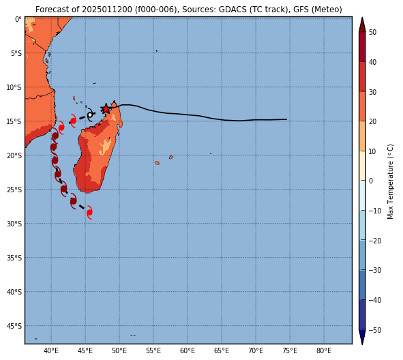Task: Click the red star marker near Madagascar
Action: pyautogui.click(x=106, y=108)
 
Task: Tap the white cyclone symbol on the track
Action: pyautogui.click(x=90, y=115)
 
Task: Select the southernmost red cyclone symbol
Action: pyautogui.click(x=89, y=212)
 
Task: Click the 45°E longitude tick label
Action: pyautogui.click(x=85, y=350)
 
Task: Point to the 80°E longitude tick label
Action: pyautogui.click(x=324, y=350)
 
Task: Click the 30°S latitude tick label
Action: pyautogui.click(x=14, y=224)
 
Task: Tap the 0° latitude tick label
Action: pyautogui.click(x=18, y=19)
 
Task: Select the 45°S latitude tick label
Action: pyautogui.click(x=14, y=326)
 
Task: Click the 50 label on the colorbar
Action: pyautogui.click(x=372, y=32)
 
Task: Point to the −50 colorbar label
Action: pyautogui.click(x=374, y=330)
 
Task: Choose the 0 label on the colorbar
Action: pyautogui.click(x=371, y=181)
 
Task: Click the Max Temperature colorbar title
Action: pyautogui.click(x=390, y=181)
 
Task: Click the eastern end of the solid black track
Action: pyautogui.click(x=286, y=119)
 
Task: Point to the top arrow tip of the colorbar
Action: pyautogui.click(x=362, y=18)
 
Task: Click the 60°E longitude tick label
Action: pyautogui.click(x=188, y=350)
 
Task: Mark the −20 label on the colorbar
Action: pyautogui.click(x=374, y=241)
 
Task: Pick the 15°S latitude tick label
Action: pyautogui.click(x=14, y=121)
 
